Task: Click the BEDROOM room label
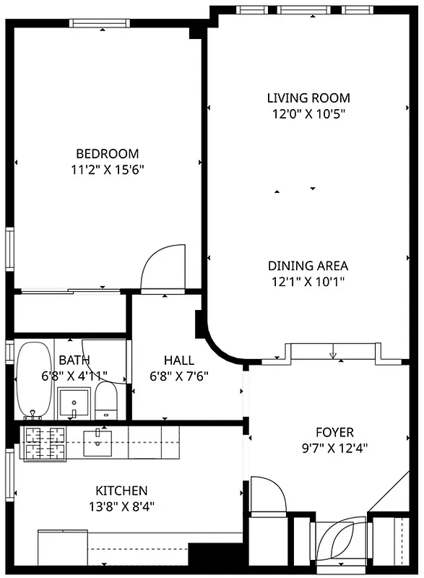[x=107, y=153]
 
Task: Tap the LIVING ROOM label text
[x=308, y=98]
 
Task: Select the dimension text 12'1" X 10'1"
[x=308, y=282]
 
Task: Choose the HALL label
[x=178, y=360]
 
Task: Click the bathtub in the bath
[x=33, y=379]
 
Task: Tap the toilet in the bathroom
[x=106, y=401]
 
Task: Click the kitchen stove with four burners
[x=46, y=442]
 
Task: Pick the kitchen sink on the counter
[x=97, y=442]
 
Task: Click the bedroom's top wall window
[x=103, y=23]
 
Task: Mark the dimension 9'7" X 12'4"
[x=336, y=447]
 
